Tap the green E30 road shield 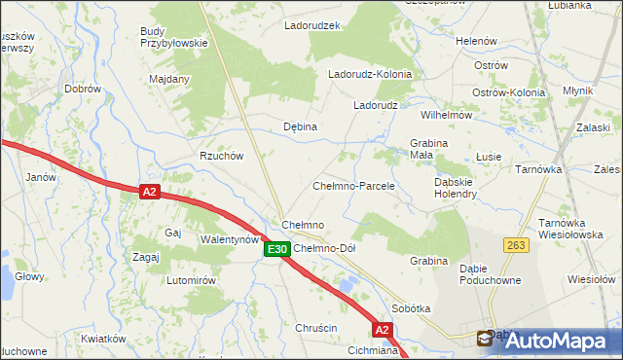[x=275, y=250]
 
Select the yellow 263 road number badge [x=516, y=245]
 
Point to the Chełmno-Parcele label [x=352, y=185]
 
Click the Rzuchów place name [x=221, y=156]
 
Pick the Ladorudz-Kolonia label [x=370, y=74]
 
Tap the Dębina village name [x=300, y=126]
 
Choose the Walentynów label [x=229, y=238]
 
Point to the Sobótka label [x=411, y=307]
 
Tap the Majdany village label [x=168, y=79]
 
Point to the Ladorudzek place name [x=311, y=25]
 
